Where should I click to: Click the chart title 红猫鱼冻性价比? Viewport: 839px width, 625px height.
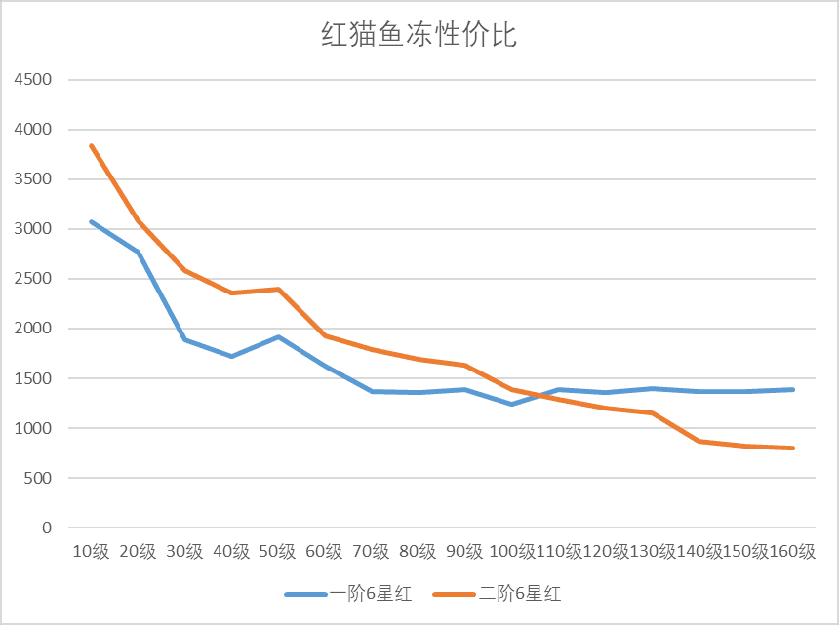[x=419, y=36]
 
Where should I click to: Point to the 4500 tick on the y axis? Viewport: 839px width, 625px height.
[x=33, y=80]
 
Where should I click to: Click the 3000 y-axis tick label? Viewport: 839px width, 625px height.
[x=33, y=229]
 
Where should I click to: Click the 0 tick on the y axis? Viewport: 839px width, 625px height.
[x=48, y=527]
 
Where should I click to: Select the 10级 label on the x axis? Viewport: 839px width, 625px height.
[x=92, y=552]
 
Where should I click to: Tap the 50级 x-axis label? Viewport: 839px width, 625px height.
[x=278, y=552]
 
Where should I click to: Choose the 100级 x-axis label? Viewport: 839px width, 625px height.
[x=511, y=552]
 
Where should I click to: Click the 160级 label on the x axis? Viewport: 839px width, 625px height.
[x=792, y=552]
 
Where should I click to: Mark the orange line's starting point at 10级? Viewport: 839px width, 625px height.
[x=92, y=146]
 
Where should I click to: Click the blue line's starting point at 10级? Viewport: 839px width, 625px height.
[x=92, y=222]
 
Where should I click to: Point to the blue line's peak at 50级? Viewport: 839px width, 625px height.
[x=278, y=337]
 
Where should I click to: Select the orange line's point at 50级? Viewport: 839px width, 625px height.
[x=278, y=290]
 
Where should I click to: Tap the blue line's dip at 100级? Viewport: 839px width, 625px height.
[x=512, y=404]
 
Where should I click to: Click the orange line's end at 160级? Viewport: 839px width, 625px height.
[x=792, y=448]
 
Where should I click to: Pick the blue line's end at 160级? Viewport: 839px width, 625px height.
[x=792, y=390]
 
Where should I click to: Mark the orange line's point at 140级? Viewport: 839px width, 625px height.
[x=699, y=441]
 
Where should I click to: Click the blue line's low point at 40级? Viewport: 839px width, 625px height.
[x=231, y=356]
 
